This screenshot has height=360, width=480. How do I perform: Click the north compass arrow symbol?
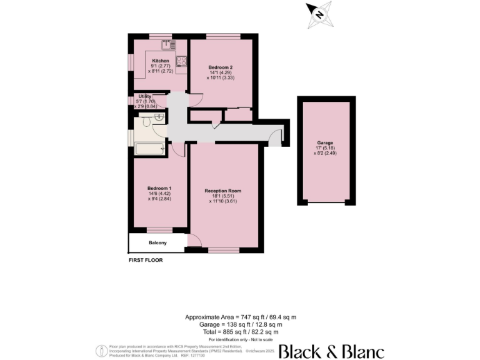(318, 13)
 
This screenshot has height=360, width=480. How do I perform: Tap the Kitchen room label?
(161, 61)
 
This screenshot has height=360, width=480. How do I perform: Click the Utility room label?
(145, 96)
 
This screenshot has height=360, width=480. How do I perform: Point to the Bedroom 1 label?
(159, 188)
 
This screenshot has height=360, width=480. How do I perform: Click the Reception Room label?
(223, 191)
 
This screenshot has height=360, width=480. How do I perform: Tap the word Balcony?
(157, 242)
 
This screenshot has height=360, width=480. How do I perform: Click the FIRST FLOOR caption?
(146, 259)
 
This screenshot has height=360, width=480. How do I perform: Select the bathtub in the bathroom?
(149, 149)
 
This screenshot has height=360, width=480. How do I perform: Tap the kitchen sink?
(167, 44)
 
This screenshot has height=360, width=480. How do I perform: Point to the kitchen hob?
(181, 61)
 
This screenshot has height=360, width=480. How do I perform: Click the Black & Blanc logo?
(331, 351)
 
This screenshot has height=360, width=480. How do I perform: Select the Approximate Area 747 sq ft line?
(240, 317)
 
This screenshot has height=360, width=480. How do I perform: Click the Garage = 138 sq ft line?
(240, 324)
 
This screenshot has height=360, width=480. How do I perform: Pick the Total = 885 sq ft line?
(240, 332)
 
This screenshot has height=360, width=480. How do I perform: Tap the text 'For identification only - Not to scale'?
(240, 339)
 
